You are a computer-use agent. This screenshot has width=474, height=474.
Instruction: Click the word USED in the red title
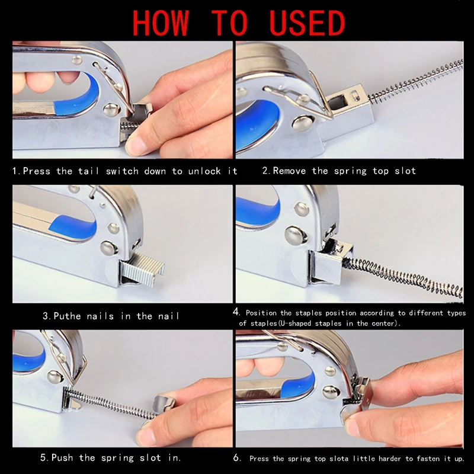pyautogui.click(x=307, y=23)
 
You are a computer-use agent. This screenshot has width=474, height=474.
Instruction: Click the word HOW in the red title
pyautogui.click(x=161, y=23)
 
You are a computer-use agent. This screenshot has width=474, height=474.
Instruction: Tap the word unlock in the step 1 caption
pyautogui.click(x=204, y=171)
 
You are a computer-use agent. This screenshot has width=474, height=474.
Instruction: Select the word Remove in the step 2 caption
pyautogui.click(x=289, y=171)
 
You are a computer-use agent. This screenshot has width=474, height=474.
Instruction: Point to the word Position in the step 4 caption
pyautogui.click(x=261, y=313)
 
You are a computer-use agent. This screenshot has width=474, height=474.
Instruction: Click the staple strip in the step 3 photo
pyautogui.click(x=143, y=269)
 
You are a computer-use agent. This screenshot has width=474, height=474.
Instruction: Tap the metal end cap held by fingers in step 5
pyautogui.click(x=164, y=403)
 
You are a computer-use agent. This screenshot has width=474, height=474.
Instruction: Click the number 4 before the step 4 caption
pyautogui.click(x=236, y=312)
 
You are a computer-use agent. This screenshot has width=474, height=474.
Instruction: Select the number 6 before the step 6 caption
pyautogui.click(x=237, y=457)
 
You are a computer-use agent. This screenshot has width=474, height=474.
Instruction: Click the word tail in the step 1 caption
pyautogui.click(x=88, y=171)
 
